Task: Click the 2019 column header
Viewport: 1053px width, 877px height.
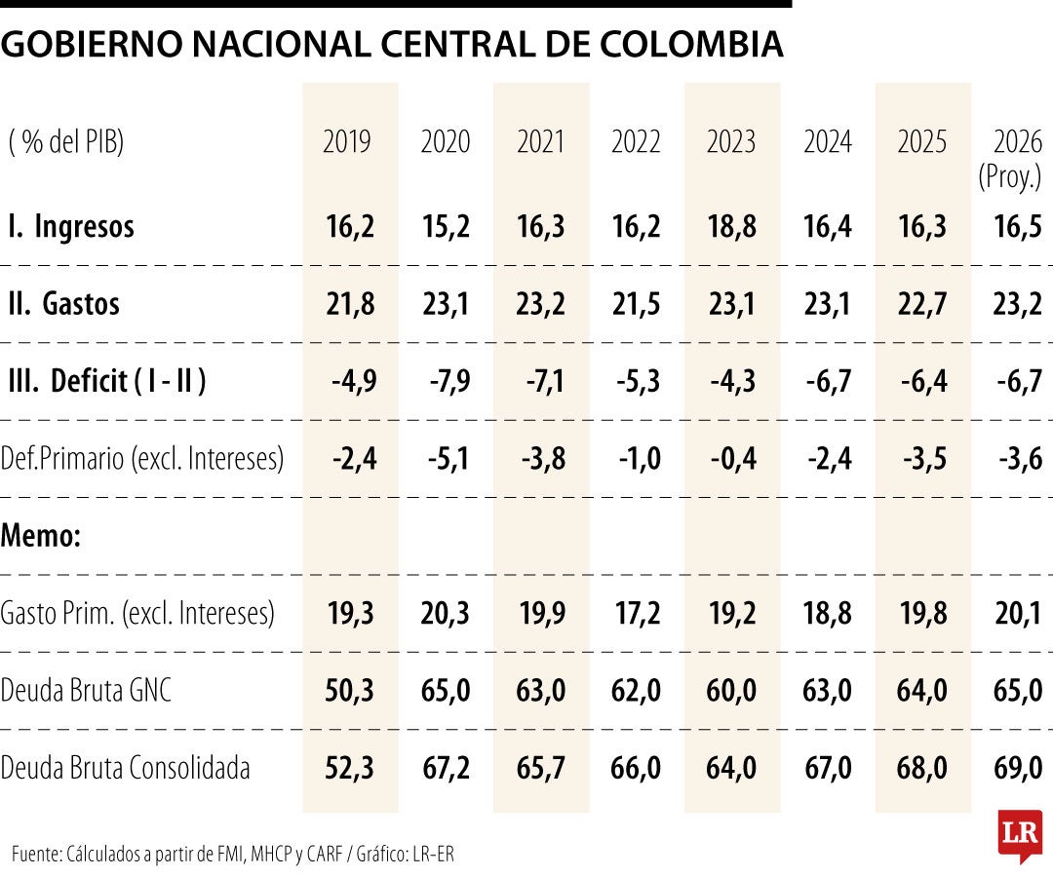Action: [347, 142]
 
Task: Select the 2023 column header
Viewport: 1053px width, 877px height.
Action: [731, 142]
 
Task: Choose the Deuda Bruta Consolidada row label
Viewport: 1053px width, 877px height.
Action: [126, 768]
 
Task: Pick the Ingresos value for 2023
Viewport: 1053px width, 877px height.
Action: [731, 227]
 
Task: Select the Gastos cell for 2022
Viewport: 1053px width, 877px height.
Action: [636, 304]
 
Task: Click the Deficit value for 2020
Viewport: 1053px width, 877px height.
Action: [449, 381]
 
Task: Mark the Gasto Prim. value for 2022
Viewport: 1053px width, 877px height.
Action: [636, 613]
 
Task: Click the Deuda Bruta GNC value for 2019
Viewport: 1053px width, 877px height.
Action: [349, 691]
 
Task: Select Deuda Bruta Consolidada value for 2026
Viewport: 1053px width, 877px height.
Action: [1018, 768]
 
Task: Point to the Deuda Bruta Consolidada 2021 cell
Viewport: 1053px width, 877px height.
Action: [541, 768]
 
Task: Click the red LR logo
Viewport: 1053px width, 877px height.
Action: [1020, 835]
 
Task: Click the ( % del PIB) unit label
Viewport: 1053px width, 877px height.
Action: [67, 142]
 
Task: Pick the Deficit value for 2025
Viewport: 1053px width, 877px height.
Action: [923, 381]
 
